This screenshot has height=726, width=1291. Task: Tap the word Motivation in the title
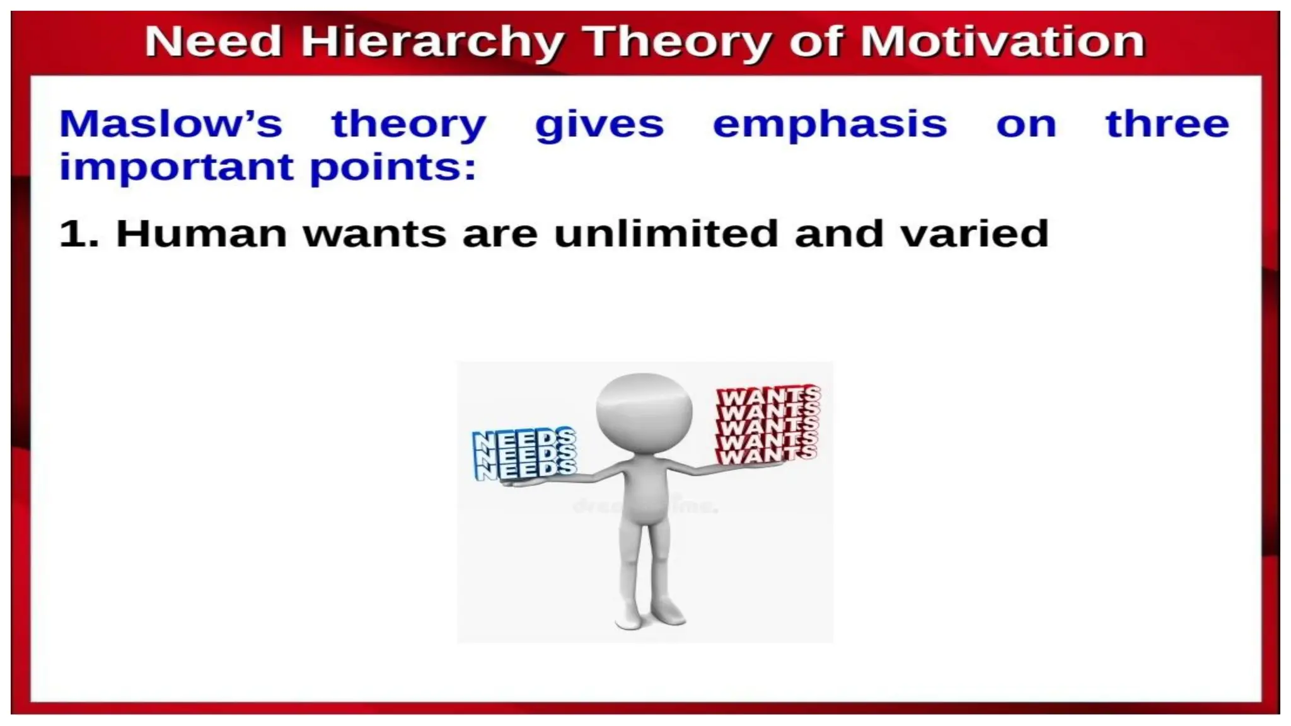(1002, 42)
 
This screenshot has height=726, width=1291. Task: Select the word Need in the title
(213, 42)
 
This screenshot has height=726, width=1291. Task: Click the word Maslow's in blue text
(170, 124)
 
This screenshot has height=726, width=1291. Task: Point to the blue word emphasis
(830, 125)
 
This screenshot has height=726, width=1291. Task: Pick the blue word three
(1167, 124)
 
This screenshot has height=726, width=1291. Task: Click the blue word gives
(599, 125)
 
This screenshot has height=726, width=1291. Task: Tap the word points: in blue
(393, 168)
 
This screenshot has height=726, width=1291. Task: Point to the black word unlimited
(666, 233)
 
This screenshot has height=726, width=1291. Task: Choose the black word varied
(974, 233)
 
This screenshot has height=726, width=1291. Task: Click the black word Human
(202, 233)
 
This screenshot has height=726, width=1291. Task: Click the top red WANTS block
(768, 396)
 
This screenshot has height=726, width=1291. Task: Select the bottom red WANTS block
(765, 454)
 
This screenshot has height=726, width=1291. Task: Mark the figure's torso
(643, 498)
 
